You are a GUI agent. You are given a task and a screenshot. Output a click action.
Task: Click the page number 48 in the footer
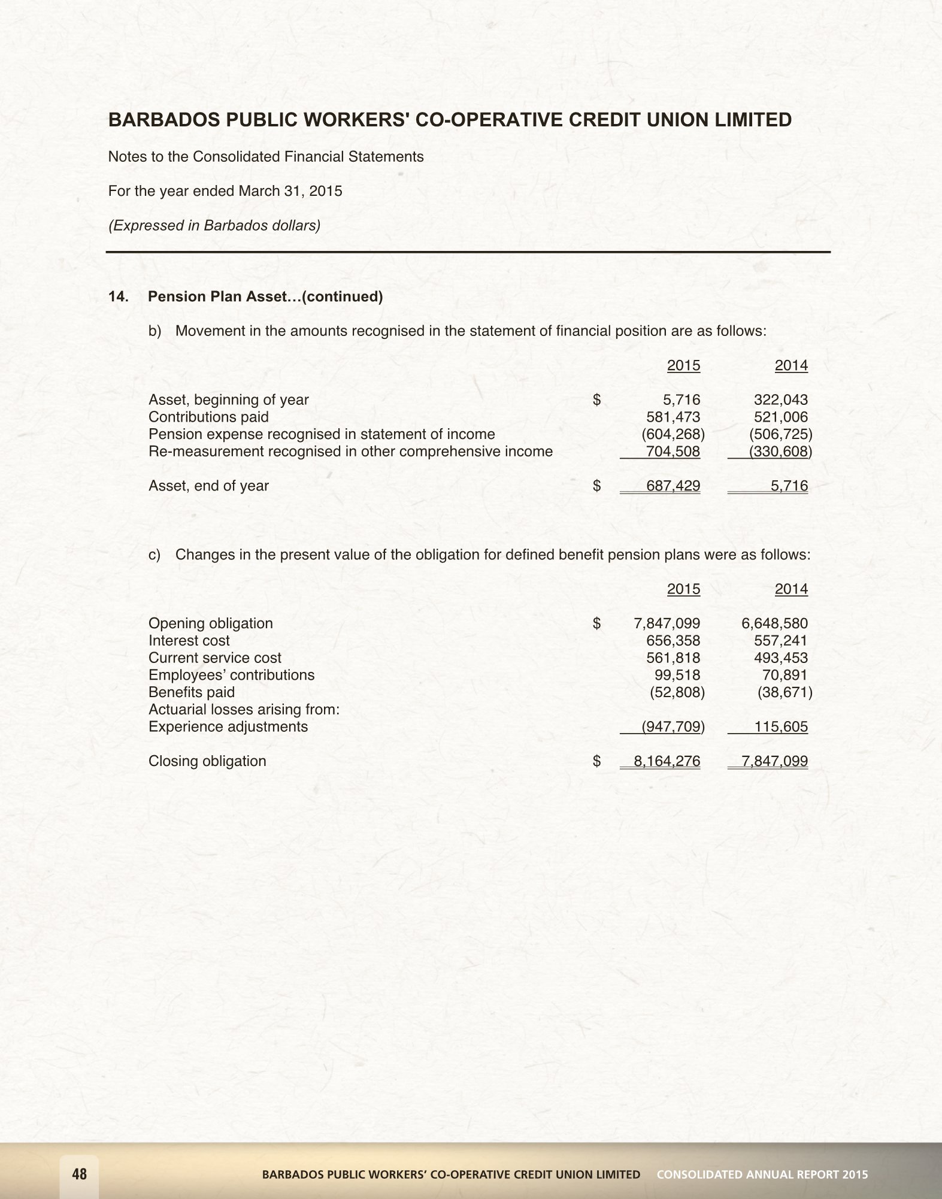pos(79,1174)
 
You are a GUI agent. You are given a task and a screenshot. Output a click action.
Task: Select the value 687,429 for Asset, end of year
pos(673,486)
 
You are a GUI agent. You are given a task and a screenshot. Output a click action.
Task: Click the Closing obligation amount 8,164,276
pos(667,761)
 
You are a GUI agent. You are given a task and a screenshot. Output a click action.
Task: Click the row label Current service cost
pos(214,658)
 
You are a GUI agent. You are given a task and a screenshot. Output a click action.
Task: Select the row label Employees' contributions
pos(231,675)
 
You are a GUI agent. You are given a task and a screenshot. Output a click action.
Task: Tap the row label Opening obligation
pos(210,623)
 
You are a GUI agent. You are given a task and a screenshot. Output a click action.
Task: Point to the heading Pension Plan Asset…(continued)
pos(265,296)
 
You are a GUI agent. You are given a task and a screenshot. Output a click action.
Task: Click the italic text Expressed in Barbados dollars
pos(214,226)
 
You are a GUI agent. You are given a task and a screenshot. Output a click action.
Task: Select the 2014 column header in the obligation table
pos(791,589)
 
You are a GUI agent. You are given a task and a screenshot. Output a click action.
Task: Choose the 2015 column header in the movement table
pos(683,365)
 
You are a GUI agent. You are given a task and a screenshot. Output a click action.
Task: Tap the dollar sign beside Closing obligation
pos(596,761)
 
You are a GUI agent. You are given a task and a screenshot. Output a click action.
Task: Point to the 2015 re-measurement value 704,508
pos(673,451)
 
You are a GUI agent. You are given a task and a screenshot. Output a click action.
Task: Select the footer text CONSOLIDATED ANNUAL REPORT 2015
pos(762,1174)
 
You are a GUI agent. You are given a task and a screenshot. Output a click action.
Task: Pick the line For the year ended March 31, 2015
pos(225,191)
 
